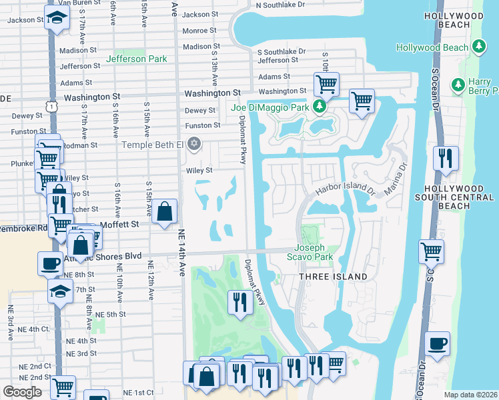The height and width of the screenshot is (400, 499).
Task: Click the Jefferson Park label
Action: click(x=136, y=59)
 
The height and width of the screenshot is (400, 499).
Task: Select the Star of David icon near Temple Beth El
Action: click(x=194, y=144)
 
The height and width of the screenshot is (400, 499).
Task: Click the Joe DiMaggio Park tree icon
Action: click(x=320, y=107)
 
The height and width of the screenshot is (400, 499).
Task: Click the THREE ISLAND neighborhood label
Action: click(x=332, y=276)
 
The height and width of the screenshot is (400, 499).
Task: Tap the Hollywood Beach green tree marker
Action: click(x=478, y=47)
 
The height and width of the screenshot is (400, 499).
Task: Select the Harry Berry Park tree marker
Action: click(x=458, y=85)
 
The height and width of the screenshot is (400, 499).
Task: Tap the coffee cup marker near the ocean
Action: click(x=436, y=343)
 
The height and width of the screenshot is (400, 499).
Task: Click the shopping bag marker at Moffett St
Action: click(x=164, y=211)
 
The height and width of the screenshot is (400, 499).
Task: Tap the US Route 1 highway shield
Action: click(x=51, y=106)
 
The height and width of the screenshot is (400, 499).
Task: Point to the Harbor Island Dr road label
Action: click(x=346, y=190)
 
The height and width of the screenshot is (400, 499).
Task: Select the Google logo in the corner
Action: click(x=22, y=392)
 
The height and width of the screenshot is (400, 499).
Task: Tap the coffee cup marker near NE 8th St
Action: click(x=51, y=263)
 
